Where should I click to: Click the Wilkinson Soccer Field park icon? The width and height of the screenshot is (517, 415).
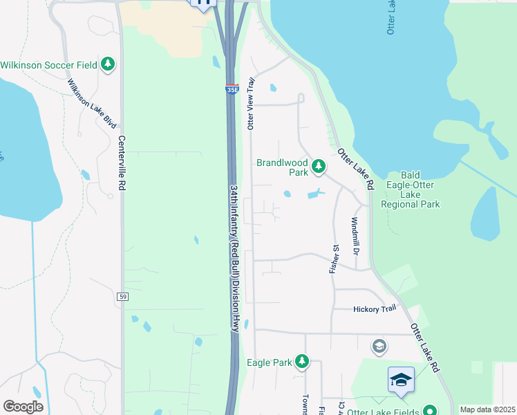[107, 65]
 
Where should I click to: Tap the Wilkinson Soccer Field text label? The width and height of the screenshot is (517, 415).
[48, 65]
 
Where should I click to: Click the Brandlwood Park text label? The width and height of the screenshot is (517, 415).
[282, 168]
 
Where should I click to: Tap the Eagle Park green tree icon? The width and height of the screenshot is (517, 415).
[301, 361]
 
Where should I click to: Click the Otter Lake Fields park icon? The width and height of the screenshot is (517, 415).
[429, 411]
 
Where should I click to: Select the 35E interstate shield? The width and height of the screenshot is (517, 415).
[232, 89]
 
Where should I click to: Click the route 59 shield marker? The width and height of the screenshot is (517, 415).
[122, 297]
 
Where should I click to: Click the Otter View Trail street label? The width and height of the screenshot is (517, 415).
[252, 103]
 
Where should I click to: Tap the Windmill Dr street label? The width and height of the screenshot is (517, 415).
[354, 234]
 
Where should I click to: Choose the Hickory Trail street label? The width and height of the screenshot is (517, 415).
[375, 309]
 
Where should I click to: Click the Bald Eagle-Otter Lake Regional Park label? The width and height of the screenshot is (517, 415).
[411, 190]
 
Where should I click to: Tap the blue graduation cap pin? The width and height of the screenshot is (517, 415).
[401, 380]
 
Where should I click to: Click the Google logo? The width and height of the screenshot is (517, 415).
[23, 407]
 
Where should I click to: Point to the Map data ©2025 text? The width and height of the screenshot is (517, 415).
[487, 409]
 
